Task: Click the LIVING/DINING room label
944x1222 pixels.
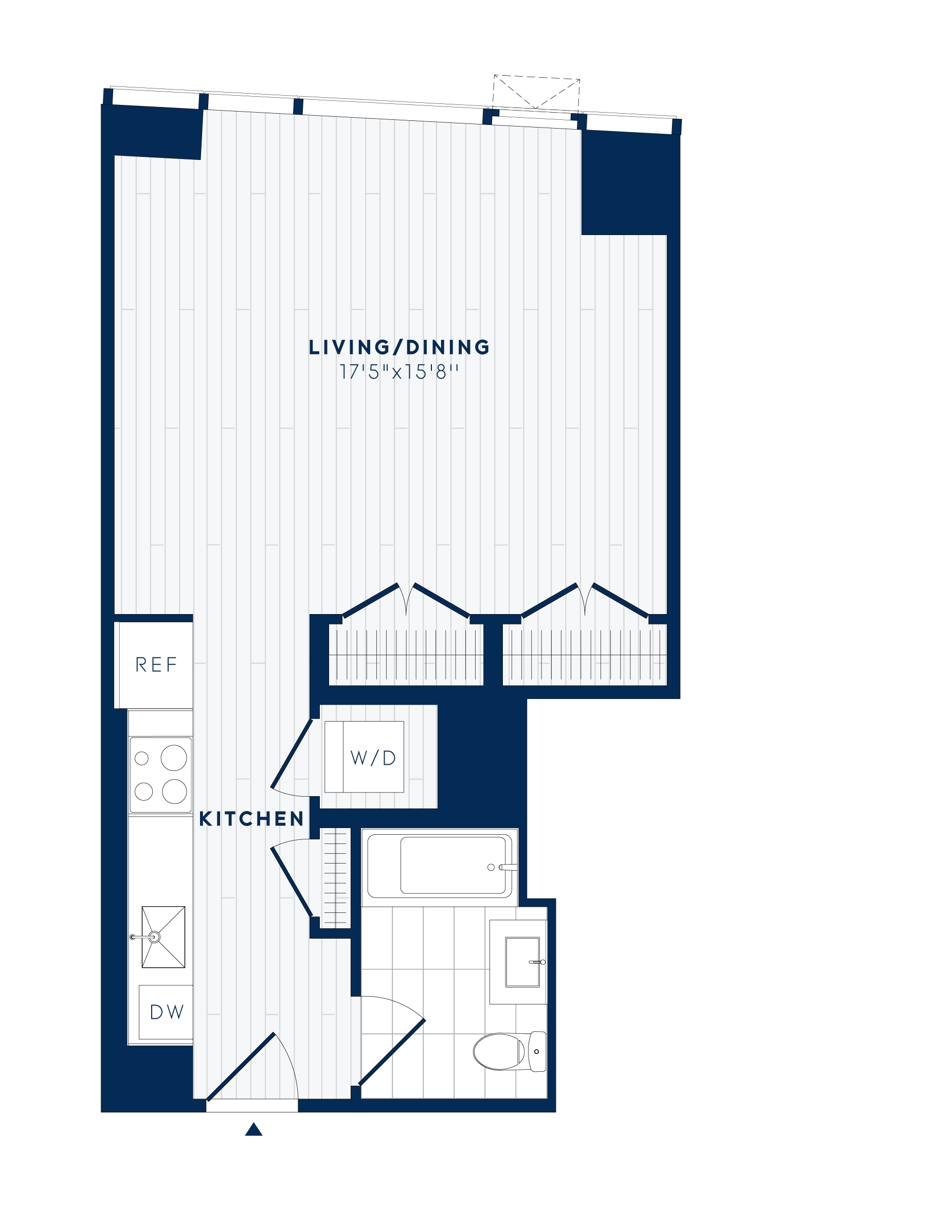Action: pyautogui.click(x=400, y=348)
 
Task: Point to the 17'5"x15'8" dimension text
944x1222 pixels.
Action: pyautogui.click(x=400, y=372)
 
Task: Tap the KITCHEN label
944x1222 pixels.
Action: pyautogui.click(x=251, y=819)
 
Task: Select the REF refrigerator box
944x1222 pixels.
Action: pyautogui.click(x=155, y=664)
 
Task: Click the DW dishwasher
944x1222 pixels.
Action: pyautogui.click(x=166, y=1012)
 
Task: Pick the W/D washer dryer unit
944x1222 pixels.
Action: pyautogui.click(x=372, y=758)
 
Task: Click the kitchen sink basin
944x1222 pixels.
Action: pyautogui.click(x=163, y=937)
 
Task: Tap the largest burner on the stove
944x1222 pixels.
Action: pyautogui.click(x=174, y=758)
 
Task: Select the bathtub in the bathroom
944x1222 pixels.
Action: pyautogui.click(x=440, y=867)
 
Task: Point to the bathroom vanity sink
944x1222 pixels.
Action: pyautogui.click(x=523, y=962)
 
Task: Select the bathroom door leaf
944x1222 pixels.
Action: pyautogui.click(x=392, y=1052)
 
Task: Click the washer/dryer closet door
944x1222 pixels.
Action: pyautogui.click(x=292, y=753)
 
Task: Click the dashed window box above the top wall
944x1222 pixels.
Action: pyautogui.click(x=536, y=93)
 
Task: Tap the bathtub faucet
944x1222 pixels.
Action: pyautogui.click(x=508, y=867)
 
